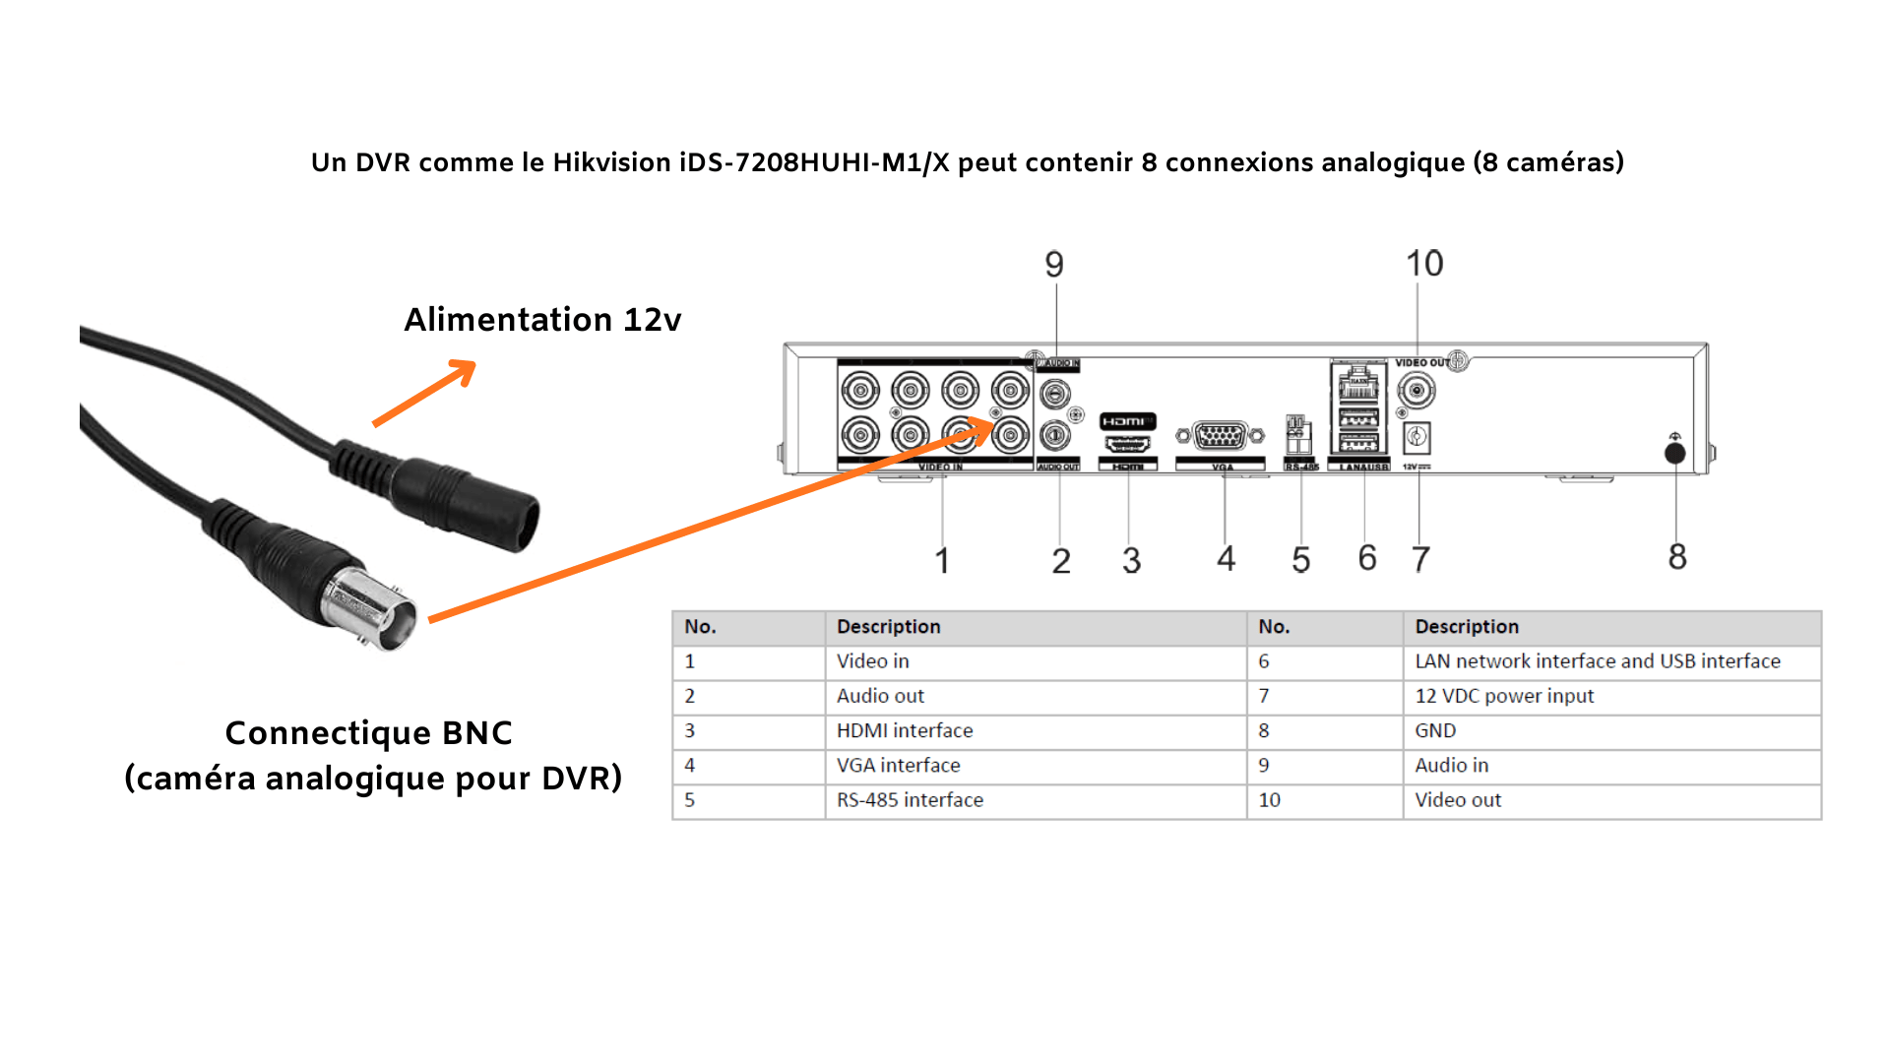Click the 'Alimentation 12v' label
(542, 320)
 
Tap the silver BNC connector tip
(379, 610)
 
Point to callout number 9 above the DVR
(1054, 264)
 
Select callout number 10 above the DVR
(1424, 263)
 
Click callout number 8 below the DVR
(1677, 557)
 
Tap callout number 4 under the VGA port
(1226, 559)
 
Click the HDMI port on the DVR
(1127, 444)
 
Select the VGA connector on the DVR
(1221, 435)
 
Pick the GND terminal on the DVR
(1674, 453)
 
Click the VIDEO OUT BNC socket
(1416, 392)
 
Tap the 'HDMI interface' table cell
(905, 731)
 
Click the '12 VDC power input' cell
(1504, 696)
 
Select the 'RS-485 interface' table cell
(910, 800)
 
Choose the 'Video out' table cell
(1458, 800)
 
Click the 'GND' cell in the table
(1435, 731)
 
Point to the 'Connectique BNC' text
(369, 733)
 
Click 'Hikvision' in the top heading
(611, 162)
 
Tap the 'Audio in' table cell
(1452, 766)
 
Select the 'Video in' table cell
(873, 661)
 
